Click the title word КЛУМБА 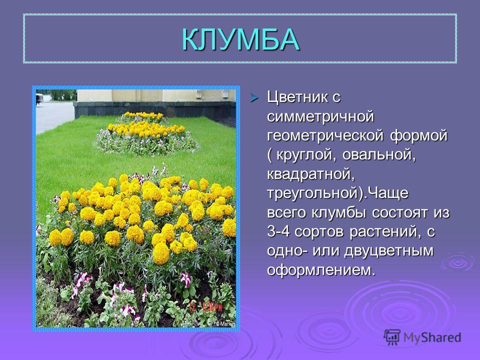(x=240, y=39)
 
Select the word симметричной (x=320, y=116)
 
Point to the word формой (x=419, y=136)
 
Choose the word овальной (x=379, y=154)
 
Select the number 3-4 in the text (x=278, y=231)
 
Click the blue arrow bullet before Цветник (x=254, y=98)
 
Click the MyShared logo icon (x=392, y=337)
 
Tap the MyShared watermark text (x=432, y=337)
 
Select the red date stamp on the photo (x=205, y=307)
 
